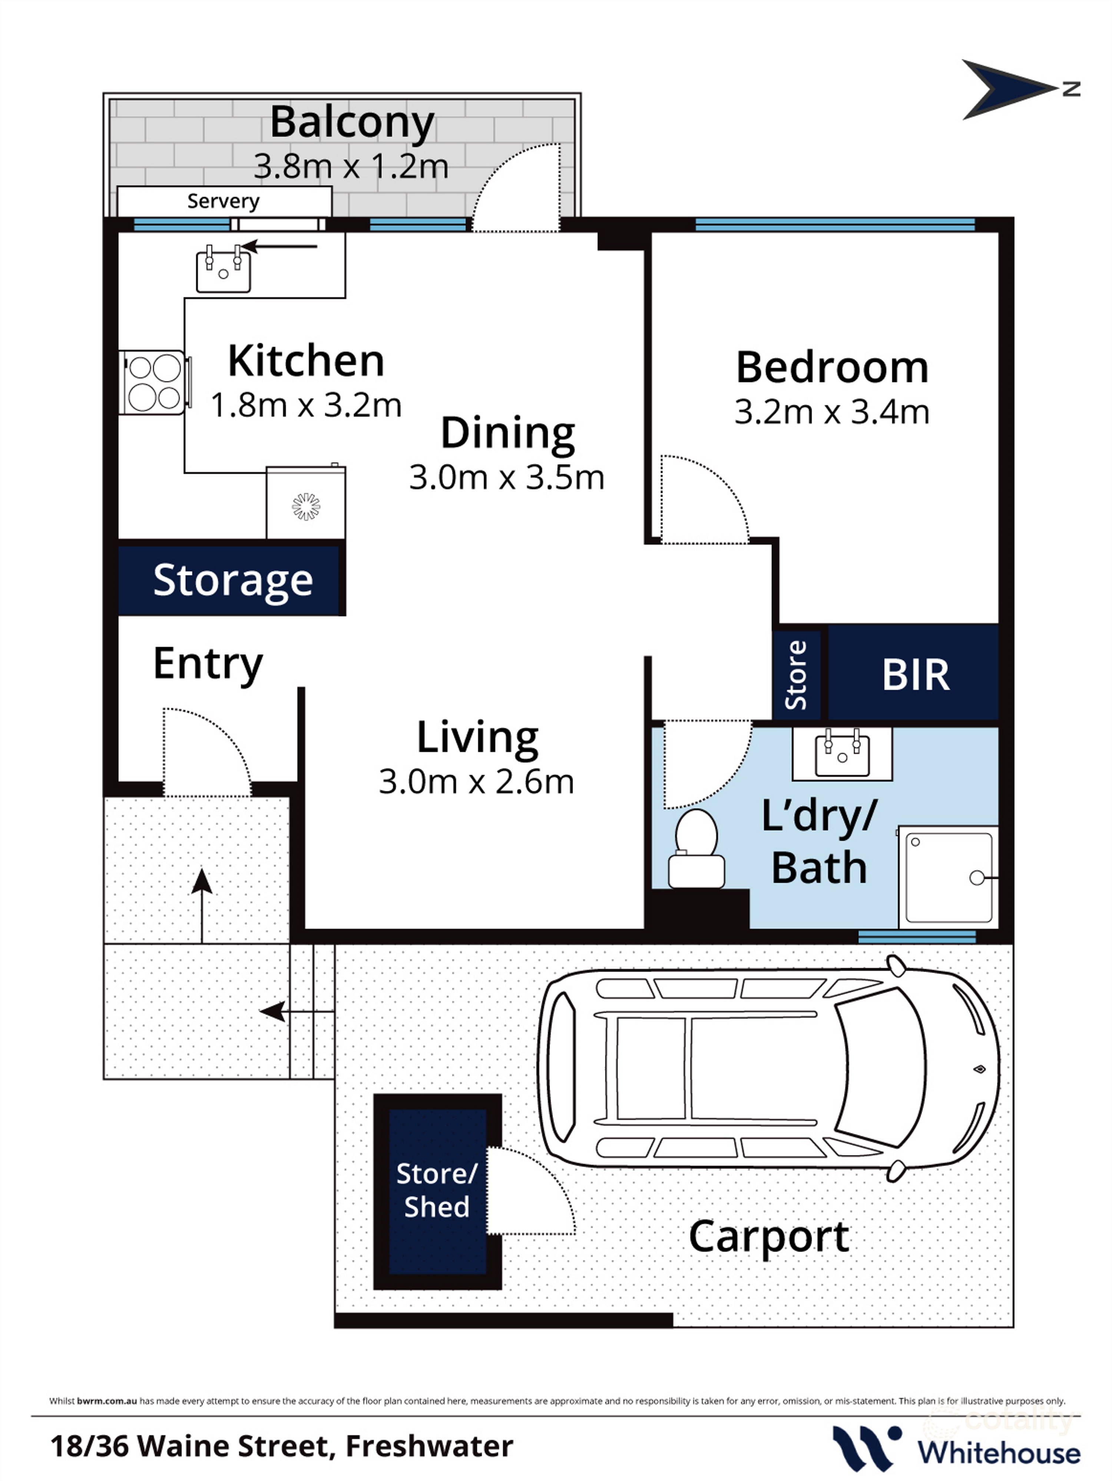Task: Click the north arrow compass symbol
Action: tap(1008, 89)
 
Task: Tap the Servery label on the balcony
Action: tap(223, 201)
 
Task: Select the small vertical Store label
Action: tap(796, 675)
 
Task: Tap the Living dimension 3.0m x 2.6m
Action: tap(476, 781)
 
